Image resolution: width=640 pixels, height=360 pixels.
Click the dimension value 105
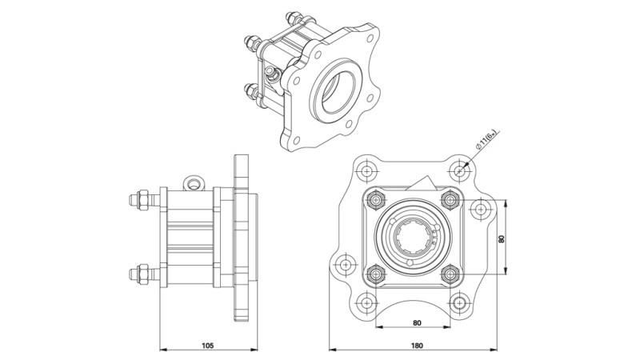(207, 346)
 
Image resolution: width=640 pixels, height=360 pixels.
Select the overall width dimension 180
(417, 346)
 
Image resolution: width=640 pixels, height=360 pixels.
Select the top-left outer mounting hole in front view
(366, 170)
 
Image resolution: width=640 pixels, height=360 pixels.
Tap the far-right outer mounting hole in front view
(480, 210)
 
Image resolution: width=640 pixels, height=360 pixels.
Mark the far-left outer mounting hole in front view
(345, 263)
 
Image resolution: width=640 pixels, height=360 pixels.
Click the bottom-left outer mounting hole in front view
(366, 302)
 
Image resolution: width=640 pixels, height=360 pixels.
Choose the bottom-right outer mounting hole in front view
(458, 302)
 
